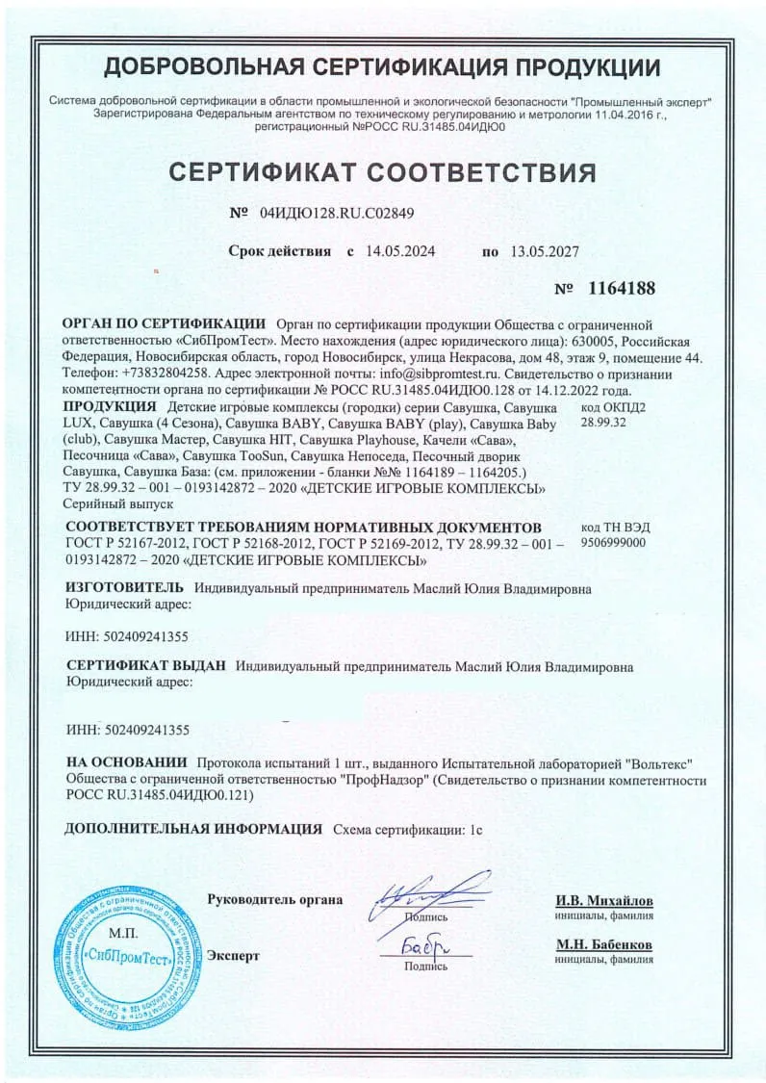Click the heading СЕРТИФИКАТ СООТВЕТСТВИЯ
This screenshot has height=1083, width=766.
pyautogui.click(x=382, y=172)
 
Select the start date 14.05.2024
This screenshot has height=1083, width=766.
pyautogui.click(x=400, y=251)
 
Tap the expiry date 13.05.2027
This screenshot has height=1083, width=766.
pyautogui.click(x=544, y=251)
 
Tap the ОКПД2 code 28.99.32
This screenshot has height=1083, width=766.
pyautogui.click(x=604, y=423)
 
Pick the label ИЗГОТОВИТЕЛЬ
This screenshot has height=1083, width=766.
pyautogui.click(x=122, y=587)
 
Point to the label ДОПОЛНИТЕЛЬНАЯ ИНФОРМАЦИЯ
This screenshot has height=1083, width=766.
pyautogui.click(x=192, y=828)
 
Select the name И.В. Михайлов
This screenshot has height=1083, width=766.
pyautogui.click(x=603, y=900)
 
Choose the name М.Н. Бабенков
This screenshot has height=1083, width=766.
pyautogui.click(x=603, y=944)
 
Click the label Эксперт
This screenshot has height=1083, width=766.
pyautogui.click(x=234, y=956)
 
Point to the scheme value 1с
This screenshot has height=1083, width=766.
pyautogui.click(x=474, y=829)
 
